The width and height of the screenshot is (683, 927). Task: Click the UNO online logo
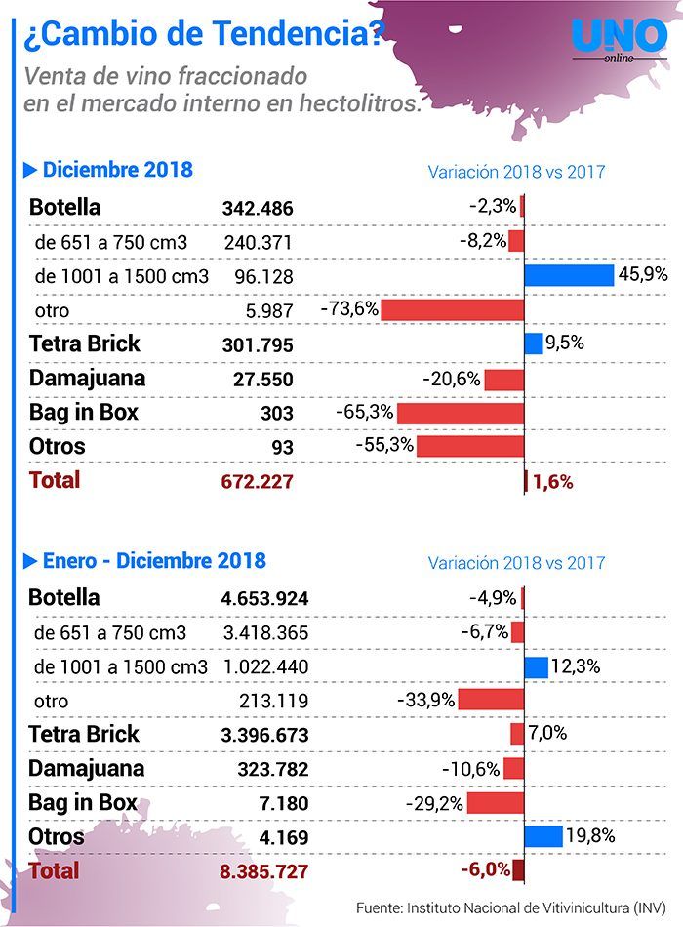click(x=620, y=40)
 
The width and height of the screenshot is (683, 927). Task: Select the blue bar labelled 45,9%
click(x=569, y=275)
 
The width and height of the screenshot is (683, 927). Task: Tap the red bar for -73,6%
click(x=453, y=309)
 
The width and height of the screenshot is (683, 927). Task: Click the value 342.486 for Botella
click(x=258, y=208)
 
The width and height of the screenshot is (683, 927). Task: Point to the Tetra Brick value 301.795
click(x=258, y=344)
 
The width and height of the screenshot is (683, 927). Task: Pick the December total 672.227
click(x=258, y=481)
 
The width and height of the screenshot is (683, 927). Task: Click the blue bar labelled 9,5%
click(x=534, y=343)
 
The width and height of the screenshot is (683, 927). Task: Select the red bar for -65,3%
click(x=461, y=414)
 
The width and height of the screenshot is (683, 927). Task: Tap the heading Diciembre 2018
click(x=118, y=170)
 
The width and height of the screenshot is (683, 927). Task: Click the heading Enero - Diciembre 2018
click(x=154, y=560)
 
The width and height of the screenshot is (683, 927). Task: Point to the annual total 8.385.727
click(x=263, y=871)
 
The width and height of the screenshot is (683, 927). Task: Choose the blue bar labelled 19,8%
click(x=543, y=836)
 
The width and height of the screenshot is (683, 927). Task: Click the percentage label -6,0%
click(x=486, y=869)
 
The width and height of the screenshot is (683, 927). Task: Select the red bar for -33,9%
click(x=492, y=700)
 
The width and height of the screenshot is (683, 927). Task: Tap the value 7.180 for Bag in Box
click(x=284, y=803)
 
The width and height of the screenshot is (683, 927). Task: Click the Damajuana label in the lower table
click(x=86, y=769)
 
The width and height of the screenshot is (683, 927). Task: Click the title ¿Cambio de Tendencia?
click(x=204, y=34)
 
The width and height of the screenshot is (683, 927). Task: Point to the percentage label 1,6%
click(x=553, y=482)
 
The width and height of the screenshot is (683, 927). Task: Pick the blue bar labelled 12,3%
click(x=537, y=667)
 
